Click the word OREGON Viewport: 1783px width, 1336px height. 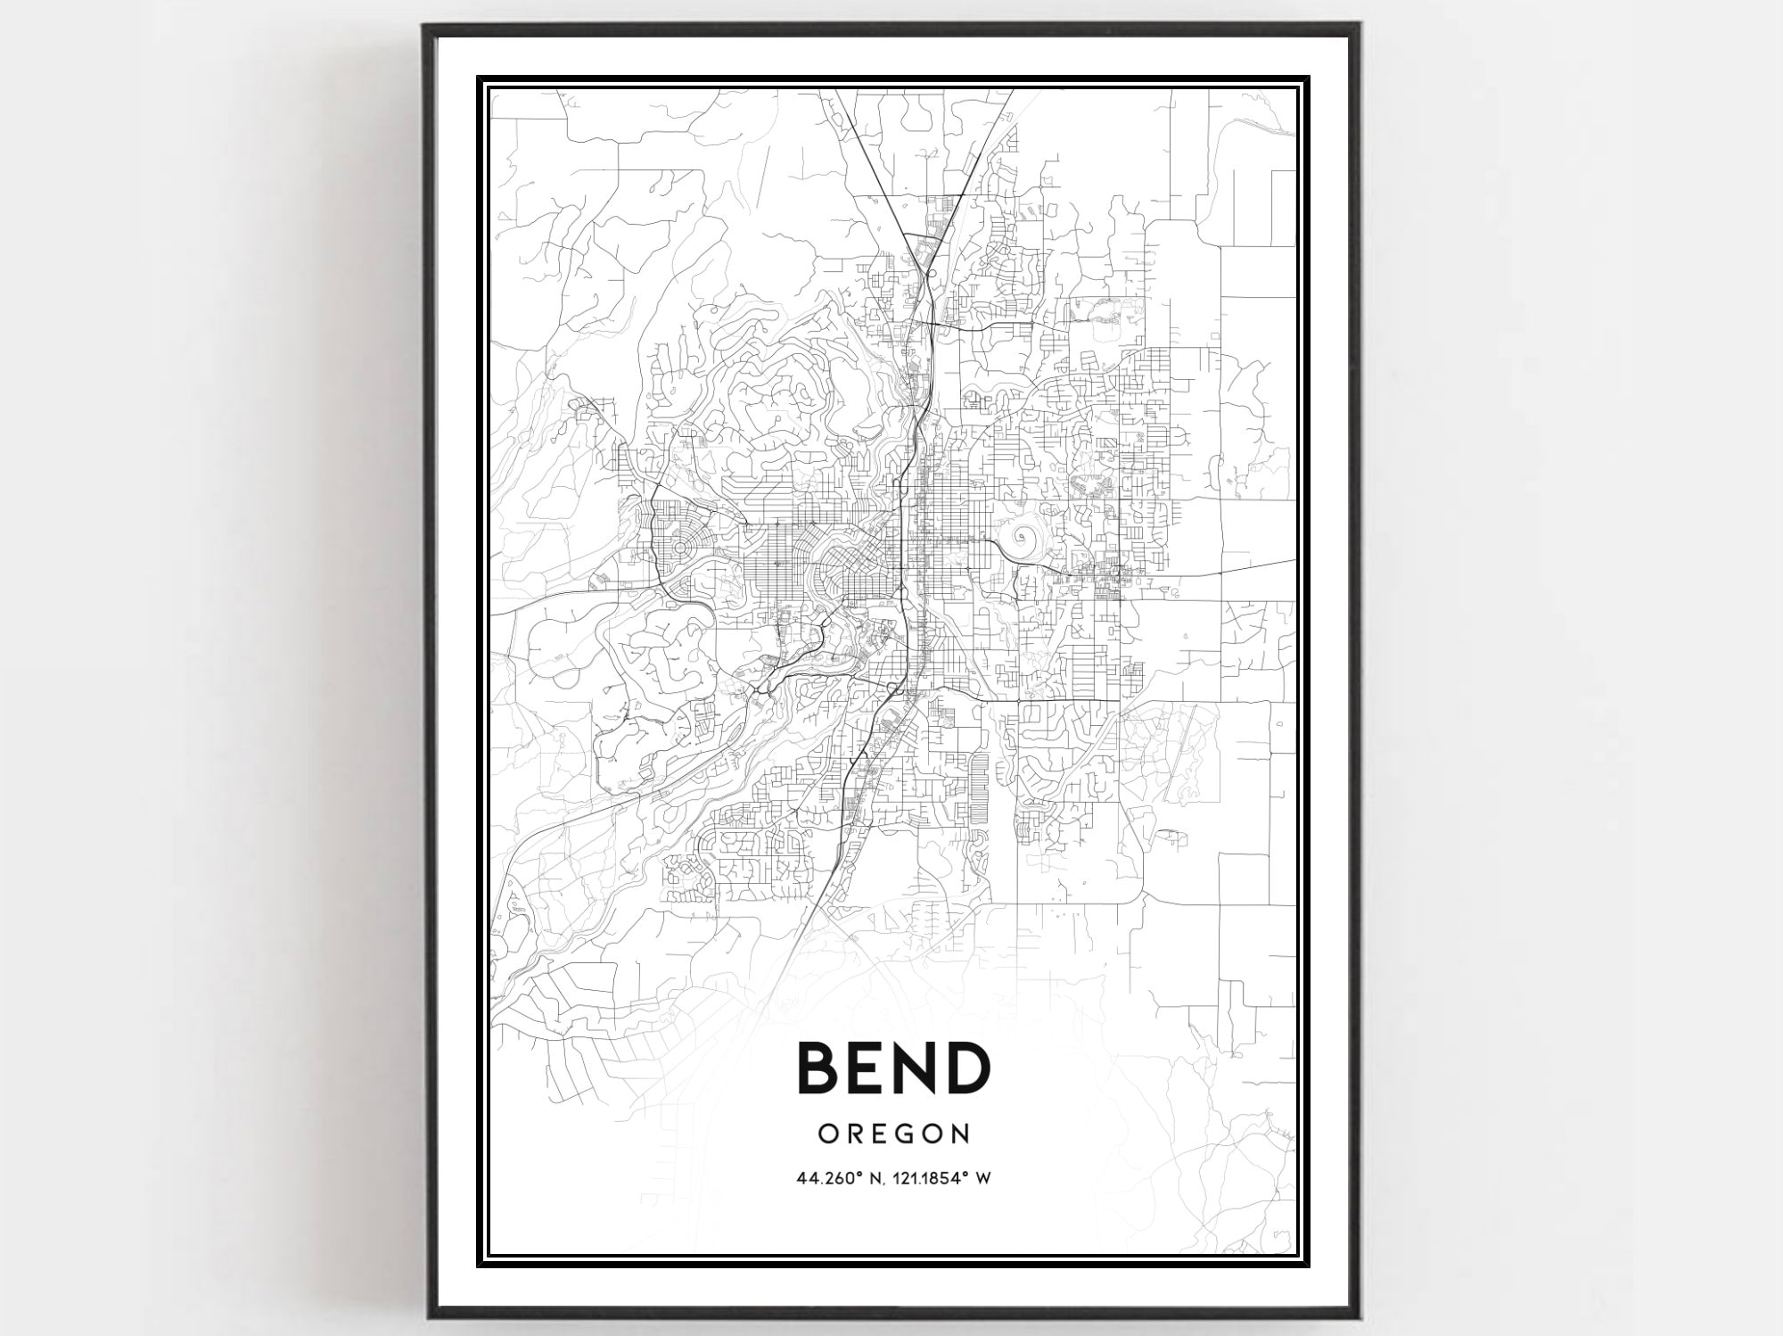(x=894, y=1134)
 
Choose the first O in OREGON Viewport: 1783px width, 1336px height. (x=827, y=1134)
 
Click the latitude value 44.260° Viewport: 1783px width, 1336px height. (x=834, y=1178)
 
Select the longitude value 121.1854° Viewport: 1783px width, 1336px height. (x=933, y=1178)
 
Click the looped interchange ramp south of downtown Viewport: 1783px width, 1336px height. (x=897, y=687)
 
